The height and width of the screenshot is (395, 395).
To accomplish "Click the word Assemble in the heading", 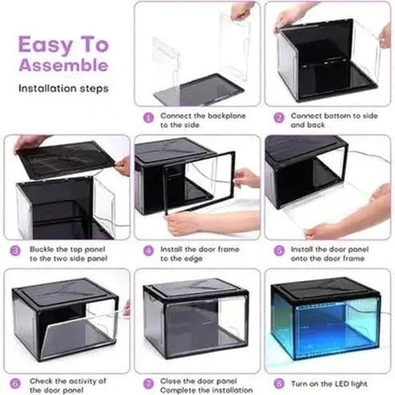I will (63, 65).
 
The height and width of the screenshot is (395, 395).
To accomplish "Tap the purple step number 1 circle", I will (148, 116).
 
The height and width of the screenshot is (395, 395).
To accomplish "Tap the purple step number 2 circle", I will (279, 116).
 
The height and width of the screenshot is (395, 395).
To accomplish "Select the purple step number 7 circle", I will (148, 381).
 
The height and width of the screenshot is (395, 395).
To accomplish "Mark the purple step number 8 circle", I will (279, 381).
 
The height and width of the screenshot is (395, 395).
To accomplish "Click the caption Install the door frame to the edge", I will (191, 254).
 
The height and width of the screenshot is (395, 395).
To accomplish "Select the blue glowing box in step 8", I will (329, 319).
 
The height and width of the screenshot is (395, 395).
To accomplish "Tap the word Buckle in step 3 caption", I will (41, 250).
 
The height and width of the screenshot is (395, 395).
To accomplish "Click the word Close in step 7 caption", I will (171, 381).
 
